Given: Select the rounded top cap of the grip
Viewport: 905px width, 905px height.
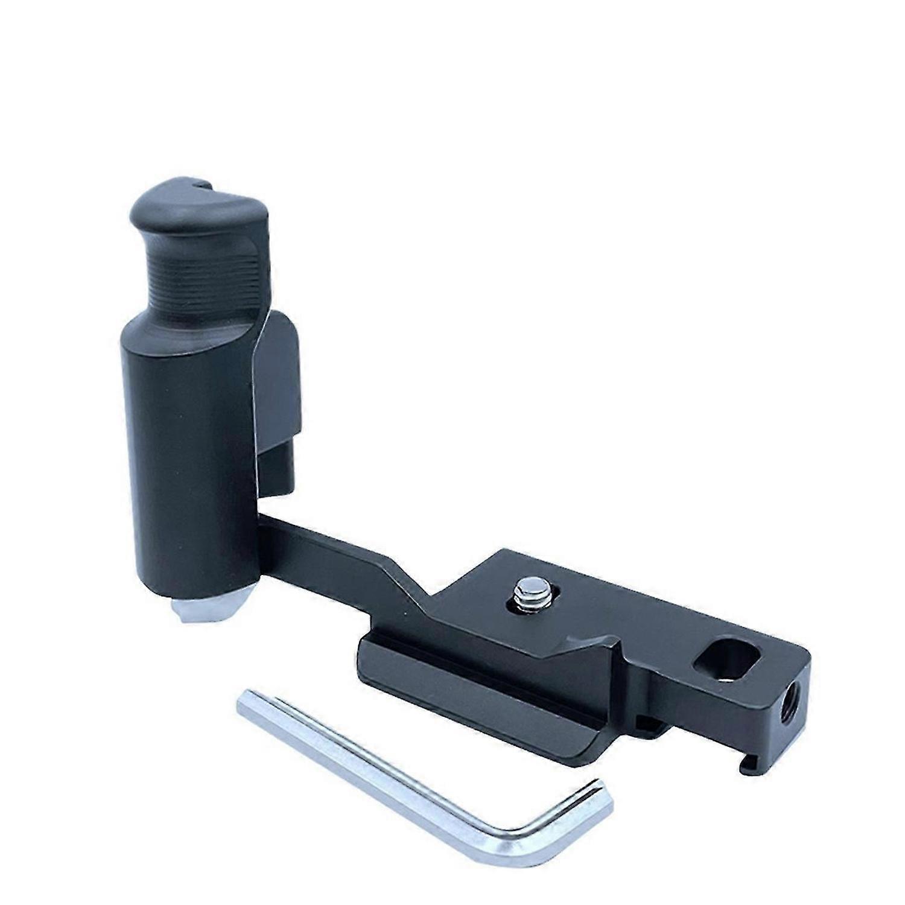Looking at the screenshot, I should tap(187, 205).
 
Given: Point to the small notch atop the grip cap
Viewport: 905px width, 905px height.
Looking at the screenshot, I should tap(202, 182).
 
